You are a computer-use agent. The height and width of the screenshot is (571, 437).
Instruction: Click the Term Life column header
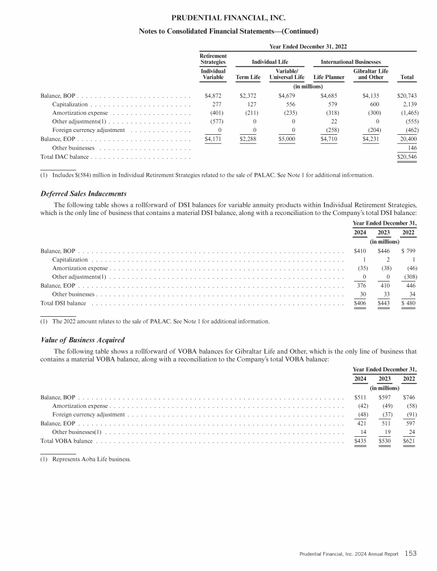(248, 77)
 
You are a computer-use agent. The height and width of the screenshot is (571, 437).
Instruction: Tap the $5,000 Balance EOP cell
(287, 138)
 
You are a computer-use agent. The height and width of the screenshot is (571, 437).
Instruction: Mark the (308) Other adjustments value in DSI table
(409, 277)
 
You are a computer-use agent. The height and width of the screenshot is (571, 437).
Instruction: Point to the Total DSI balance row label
(63, 303)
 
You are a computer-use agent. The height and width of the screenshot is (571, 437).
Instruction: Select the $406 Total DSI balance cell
(360, 303)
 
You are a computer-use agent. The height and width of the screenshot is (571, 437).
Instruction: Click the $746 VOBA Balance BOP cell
(409, 396)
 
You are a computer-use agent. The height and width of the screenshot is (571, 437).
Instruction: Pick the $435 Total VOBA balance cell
(360, 441)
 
